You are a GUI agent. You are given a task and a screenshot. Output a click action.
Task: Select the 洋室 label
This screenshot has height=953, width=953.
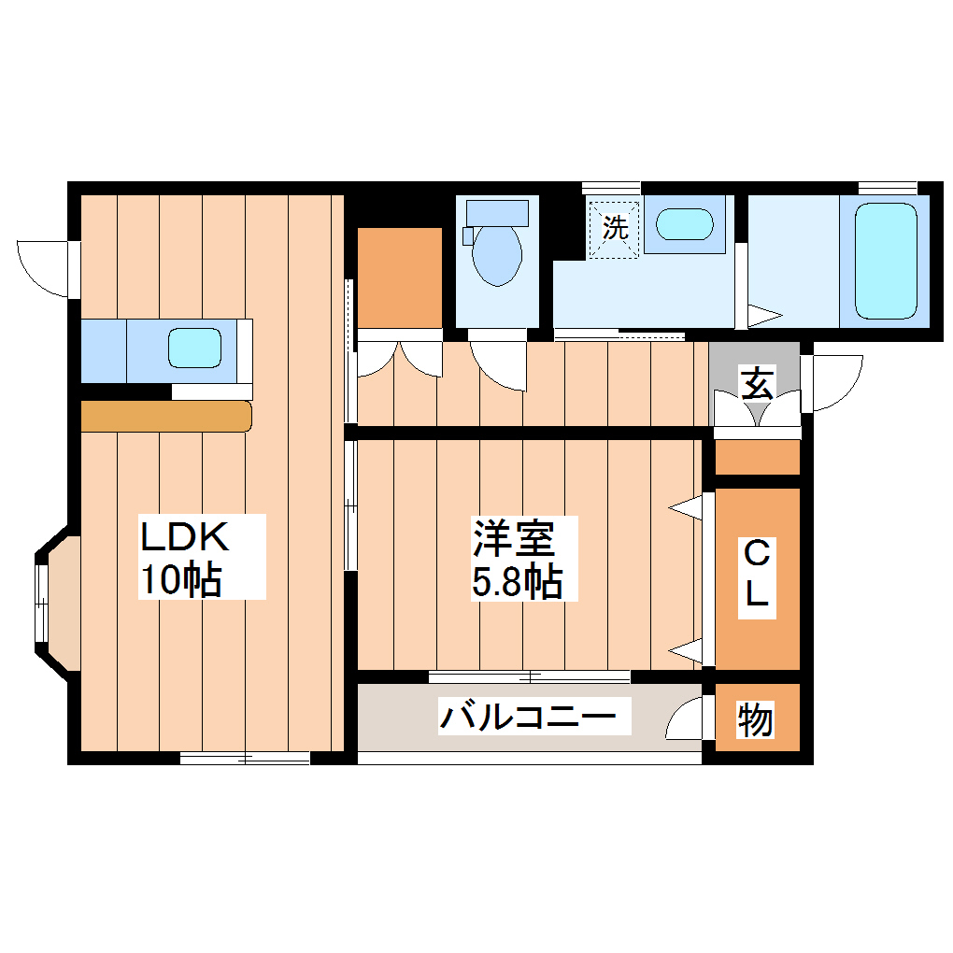pyautogui.click(x=513, y=538)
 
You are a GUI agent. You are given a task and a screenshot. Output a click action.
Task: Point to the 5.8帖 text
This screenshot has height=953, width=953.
pyautogui.click(x=516, y=582)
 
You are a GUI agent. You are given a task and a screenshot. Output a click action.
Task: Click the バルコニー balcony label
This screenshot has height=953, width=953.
pyautogui.click(x=529, y=718)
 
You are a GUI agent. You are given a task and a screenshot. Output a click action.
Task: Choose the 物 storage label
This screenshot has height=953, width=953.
pyautogui.click(x=755, y=719)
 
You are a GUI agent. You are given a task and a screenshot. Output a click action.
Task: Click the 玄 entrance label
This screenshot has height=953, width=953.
pyautogui.click(x=757, y=383)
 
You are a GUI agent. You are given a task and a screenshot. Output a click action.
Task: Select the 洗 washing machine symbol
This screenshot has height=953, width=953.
pyautogui.click(x=614, y=227)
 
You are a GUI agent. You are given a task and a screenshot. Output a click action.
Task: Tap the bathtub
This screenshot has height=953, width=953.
pyautogui.click(x=885, y=262)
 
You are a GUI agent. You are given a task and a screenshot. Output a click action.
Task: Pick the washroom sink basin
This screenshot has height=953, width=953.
pyautogui.click(x=685, y=225)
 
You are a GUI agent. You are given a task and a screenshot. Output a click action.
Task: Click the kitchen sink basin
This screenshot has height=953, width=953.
pyautogui.click(x=195, y=348)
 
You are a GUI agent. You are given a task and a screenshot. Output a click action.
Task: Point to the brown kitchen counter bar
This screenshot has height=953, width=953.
pyautogui.click(x=166, y=416)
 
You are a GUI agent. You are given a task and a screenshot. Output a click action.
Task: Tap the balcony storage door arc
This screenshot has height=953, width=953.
pyautogui.click(x=686, y=718)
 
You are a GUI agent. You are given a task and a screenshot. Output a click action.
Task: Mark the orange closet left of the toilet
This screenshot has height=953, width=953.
pyautogui.click(x=400, y=277)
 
